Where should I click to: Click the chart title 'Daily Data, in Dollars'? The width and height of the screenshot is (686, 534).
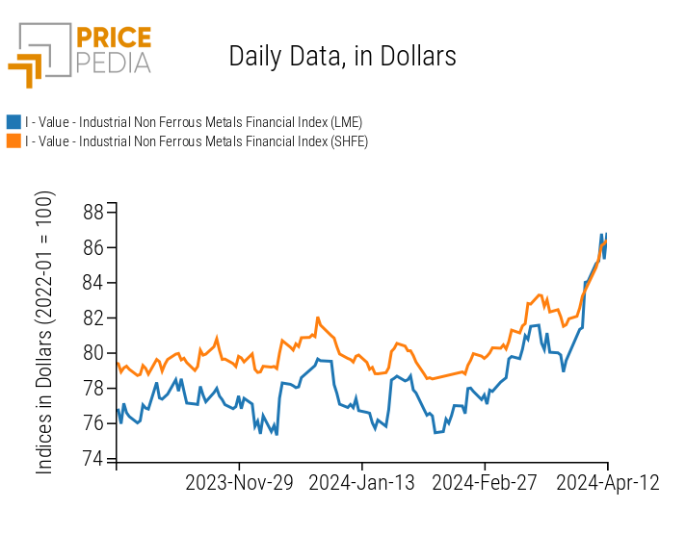point(342,56)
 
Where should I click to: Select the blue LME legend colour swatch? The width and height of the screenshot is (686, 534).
point(13,122)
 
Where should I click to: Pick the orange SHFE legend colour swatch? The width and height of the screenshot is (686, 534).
point(13,141)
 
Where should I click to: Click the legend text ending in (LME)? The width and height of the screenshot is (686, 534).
point(193,122)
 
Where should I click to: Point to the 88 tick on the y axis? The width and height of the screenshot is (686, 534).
point(94,213)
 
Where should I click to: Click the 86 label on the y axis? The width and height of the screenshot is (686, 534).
point(94,247)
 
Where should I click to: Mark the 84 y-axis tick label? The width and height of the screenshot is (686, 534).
point(94,283)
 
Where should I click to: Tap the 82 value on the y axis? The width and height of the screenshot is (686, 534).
point(94,318)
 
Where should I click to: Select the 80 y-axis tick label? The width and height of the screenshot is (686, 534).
point(94,353)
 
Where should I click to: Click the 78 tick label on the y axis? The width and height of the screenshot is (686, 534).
point(94,388)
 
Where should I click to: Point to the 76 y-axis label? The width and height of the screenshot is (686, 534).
point(94,423)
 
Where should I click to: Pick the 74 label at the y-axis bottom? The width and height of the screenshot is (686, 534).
point(94,459)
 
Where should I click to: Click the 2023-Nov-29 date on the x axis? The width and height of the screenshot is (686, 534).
point(239,483)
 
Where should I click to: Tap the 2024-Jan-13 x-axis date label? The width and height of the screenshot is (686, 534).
point(362,483)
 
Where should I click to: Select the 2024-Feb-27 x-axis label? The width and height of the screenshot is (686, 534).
point(485,483)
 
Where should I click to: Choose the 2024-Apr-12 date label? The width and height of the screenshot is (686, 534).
point(607,483)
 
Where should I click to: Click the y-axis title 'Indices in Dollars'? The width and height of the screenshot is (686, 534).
point(45,332)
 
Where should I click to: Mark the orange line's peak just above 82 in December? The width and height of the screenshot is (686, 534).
point(318,318)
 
